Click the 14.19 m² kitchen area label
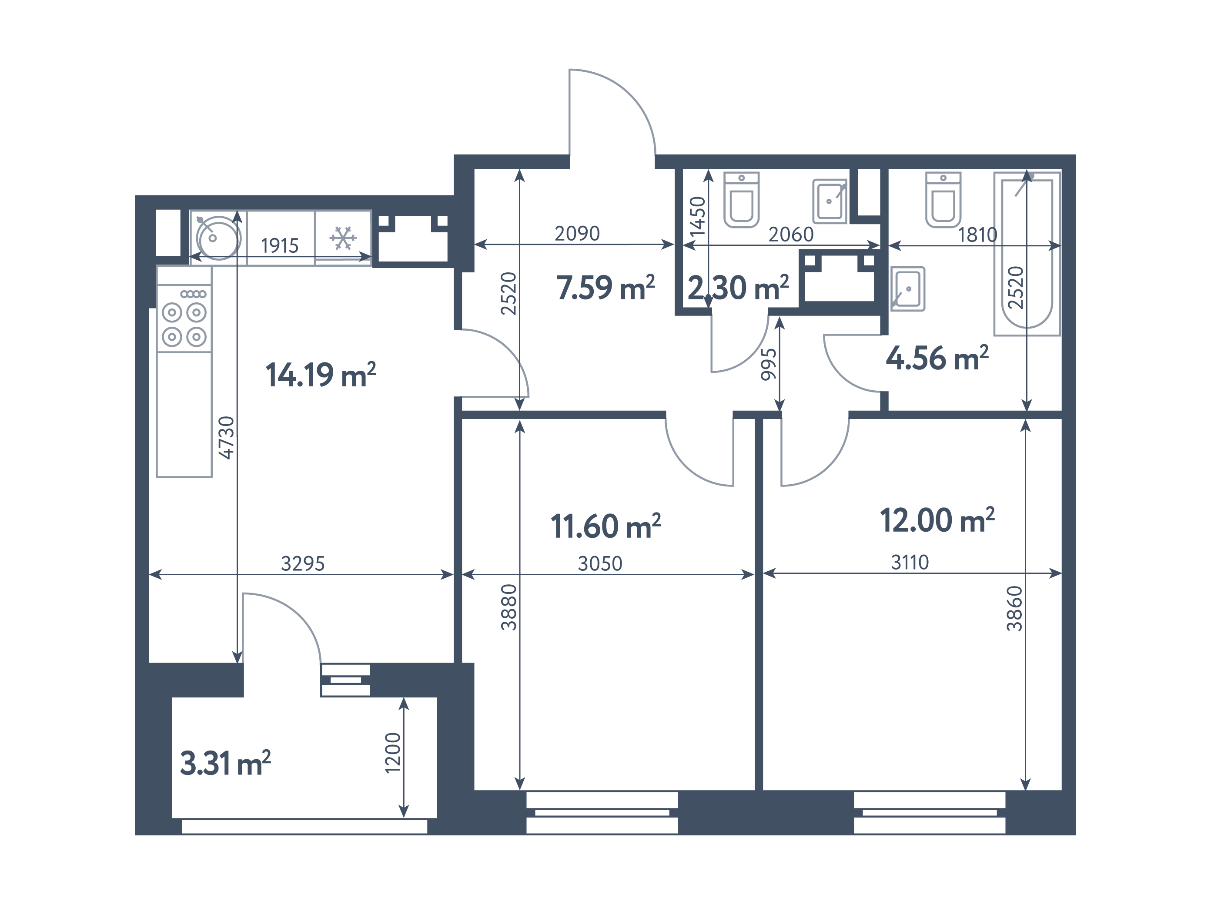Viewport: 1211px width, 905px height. (321, 375)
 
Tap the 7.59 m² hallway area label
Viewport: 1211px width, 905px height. (605, 288)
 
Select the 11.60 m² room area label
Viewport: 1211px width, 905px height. (605, 526)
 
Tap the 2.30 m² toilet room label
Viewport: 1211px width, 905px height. (739, 288)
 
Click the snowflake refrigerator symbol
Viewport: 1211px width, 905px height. (343, 238)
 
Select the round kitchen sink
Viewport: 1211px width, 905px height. (218, 237)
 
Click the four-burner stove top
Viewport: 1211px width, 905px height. (184, 318)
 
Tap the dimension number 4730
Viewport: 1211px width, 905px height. (226, 437)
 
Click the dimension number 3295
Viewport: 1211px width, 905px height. (303, 563)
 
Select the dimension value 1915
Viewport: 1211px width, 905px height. (280, 246)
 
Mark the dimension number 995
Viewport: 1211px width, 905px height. (769, 364)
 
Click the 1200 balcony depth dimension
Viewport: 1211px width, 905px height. (393, 753)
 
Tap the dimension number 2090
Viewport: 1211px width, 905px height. (577, 234)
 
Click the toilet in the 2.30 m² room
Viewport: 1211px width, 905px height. (741, 199)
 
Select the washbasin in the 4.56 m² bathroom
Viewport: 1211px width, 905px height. (908, 288)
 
